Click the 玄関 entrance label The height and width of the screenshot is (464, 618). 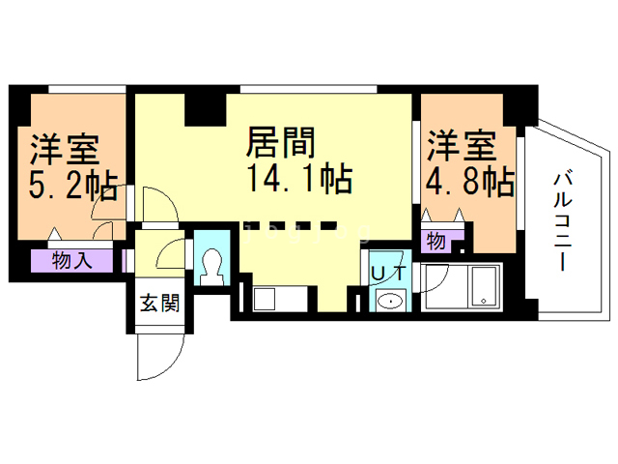click(x=160, y=303)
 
